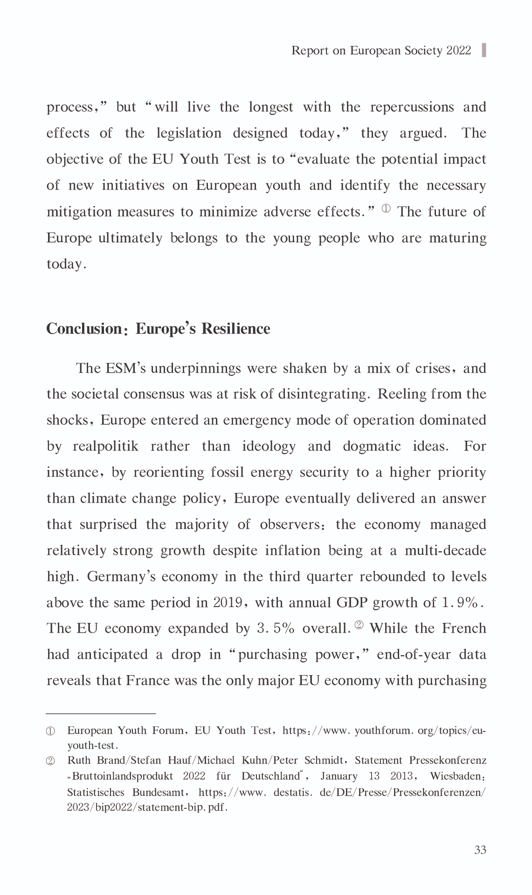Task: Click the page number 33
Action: tap(480, 850)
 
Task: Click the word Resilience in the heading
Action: tap(236, 329)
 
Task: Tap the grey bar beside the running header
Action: tap(484, 50)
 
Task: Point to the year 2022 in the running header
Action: tap(459, 50)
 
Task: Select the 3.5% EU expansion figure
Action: tap(276, 629)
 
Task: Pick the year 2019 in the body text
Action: tap(228, 602)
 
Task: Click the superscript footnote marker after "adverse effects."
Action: tap(386, 208)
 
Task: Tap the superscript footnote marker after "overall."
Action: tap(359, 625)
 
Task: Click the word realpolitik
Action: tap(105, 446)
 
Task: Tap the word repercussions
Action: tap(412, 107)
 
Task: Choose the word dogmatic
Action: tap(372, 446)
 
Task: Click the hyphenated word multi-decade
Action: tap(445, 551)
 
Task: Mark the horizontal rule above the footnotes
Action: tap(101, 713)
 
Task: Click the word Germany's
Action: tap(120, 577)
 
